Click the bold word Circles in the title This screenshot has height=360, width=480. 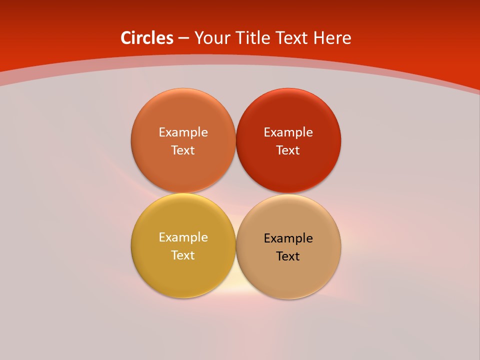147,38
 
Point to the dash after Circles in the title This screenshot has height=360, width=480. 183,38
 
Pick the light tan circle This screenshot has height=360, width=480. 288,275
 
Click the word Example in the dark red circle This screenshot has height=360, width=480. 288,132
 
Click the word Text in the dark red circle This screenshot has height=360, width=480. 288,150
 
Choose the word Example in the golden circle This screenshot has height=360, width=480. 183,237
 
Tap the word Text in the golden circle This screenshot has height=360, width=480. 183,255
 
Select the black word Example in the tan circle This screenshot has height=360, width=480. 288,238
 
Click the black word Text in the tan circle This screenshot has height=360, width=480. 288,256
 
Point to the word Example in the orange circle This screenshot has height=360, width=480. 183,132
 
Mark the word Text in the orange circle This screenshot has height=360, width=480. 183,150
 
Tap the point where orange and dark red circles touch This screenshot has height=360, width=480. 236,141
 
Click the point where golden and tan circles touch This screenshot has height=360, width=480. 236,246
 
